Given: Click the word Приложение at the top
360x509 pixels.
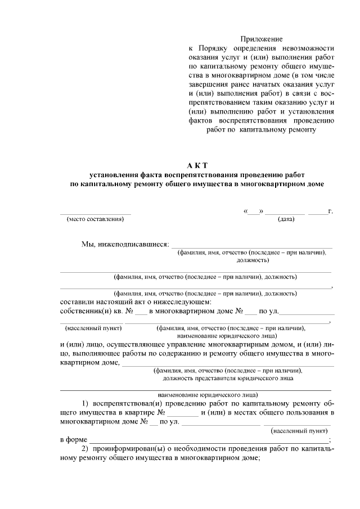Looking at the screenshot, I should tap(261, 39).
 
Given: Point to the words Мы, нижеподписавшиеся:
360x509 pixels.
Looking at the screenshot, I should tap(125, 245).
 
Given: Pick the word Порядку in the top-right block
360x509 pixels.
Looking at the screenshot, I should tap(212, 48).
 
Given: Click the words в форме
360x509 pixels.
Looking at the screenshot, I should tap(73, 440).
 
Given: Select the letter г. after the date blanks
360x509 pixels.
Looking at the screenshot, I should tap(330, 211).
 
